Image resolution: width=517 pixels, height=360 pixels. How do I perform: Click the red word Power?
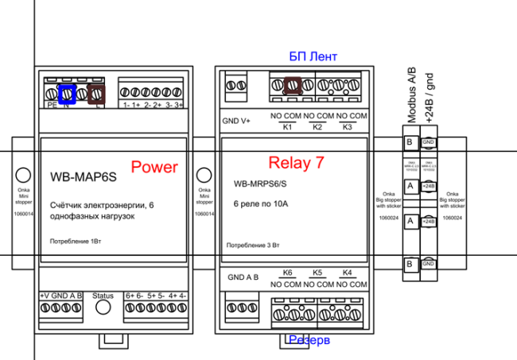154,167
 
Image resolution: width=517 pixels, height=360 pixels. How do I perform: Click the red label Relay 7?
296,163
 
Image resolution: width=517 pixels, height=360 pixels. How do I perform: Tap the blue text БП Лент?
313,56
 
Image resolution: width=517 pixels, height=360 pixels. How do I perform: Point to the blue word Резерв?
309,340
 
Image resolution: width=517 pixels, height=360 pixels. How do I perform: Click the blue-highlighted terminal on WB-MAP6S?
68,94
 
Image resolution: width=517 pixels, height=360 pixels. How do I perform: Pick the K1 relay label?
288,127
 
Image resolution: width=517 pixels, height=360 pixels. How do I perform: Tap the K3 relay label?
346,127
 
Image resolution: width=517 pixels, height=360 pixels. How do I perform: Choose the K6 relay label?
288,272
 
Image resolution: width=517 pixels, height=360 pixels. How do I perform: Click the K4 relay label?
346,272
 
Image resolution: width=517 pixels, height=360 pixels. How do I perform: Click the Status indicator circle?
103,312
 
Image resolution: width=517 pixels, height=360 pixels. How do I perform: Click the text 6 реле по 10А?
260,204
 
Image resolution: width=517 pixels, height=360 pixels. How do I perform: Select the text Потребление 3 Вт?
253,246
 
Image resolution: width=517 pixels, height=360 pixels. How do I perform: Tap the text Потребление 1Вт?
76,240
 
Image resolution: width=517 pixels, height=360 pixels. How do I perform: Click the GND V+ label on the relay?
236,122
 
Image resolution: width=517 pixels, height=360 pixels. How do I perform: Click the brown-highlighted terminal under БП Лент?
292,84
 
